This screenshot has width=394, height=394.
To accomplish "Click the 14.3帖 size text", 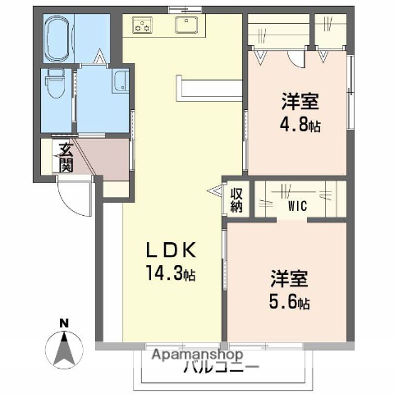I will [x=172, y=273].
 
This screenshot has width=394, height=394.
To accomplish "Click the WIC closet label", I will [x=296, y=206].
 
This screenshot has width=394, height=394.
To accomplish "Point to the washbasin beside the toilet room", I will [x=120, y=83].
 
